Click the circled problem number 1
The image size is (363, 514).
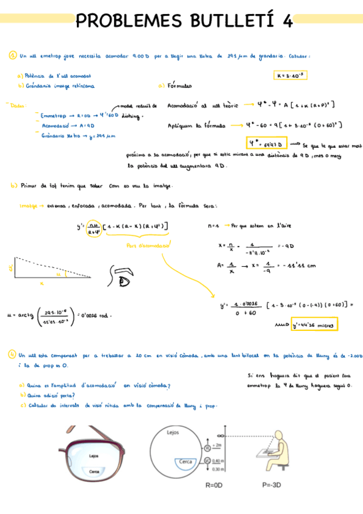pyautogui.click(x=12, y=56)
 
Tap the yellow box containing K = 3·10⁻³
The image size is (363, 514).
pyautogui.click(x=291, y=75)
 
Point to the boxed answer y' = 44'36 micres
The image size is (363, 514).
pyautogui.click(x=314, y=324)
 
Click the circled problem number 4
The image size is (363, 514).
pyautogui.click(x=12, y=355)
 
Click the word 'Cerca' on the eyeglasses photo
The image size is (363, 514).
pyautogui.click(x=95, y=470)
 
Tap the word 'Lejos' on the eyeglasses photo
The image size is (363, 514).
pyautogui.click(x=93, y=455)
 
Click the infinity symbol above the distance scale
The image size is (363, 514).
pyautogui.click(x=222, y=436)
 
